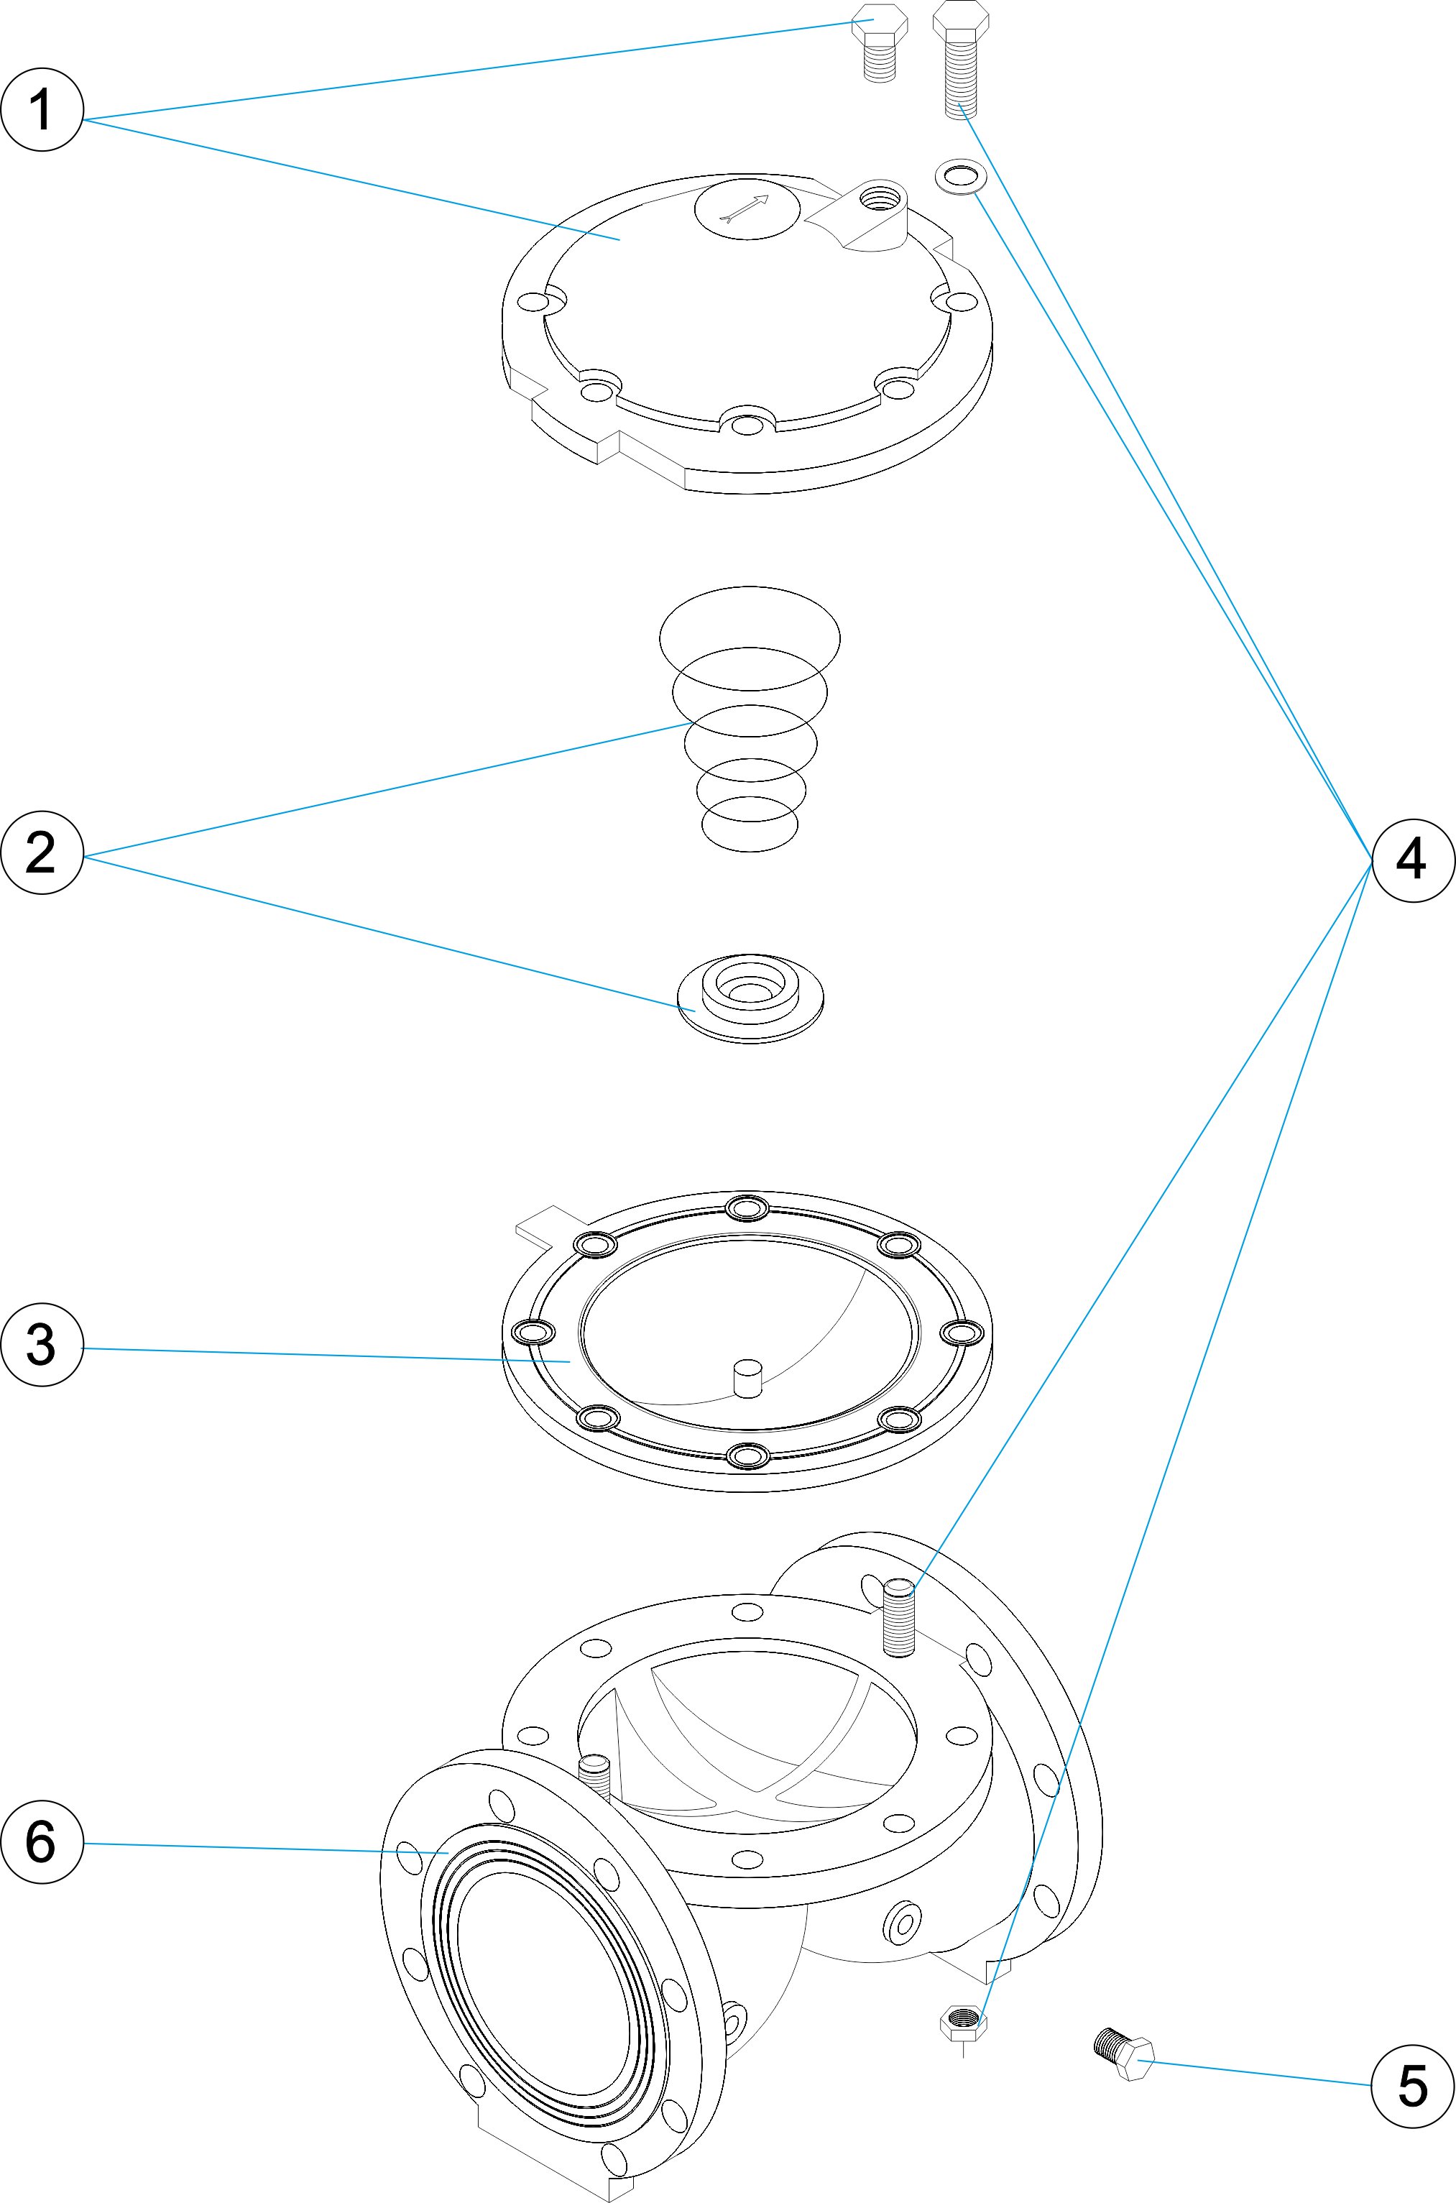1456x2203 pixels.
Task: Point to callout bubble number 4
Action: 1411,861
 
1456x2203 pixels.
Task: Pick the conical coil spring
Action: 750,717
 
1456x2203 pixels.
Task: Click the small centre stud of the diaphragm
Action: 747,1379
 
